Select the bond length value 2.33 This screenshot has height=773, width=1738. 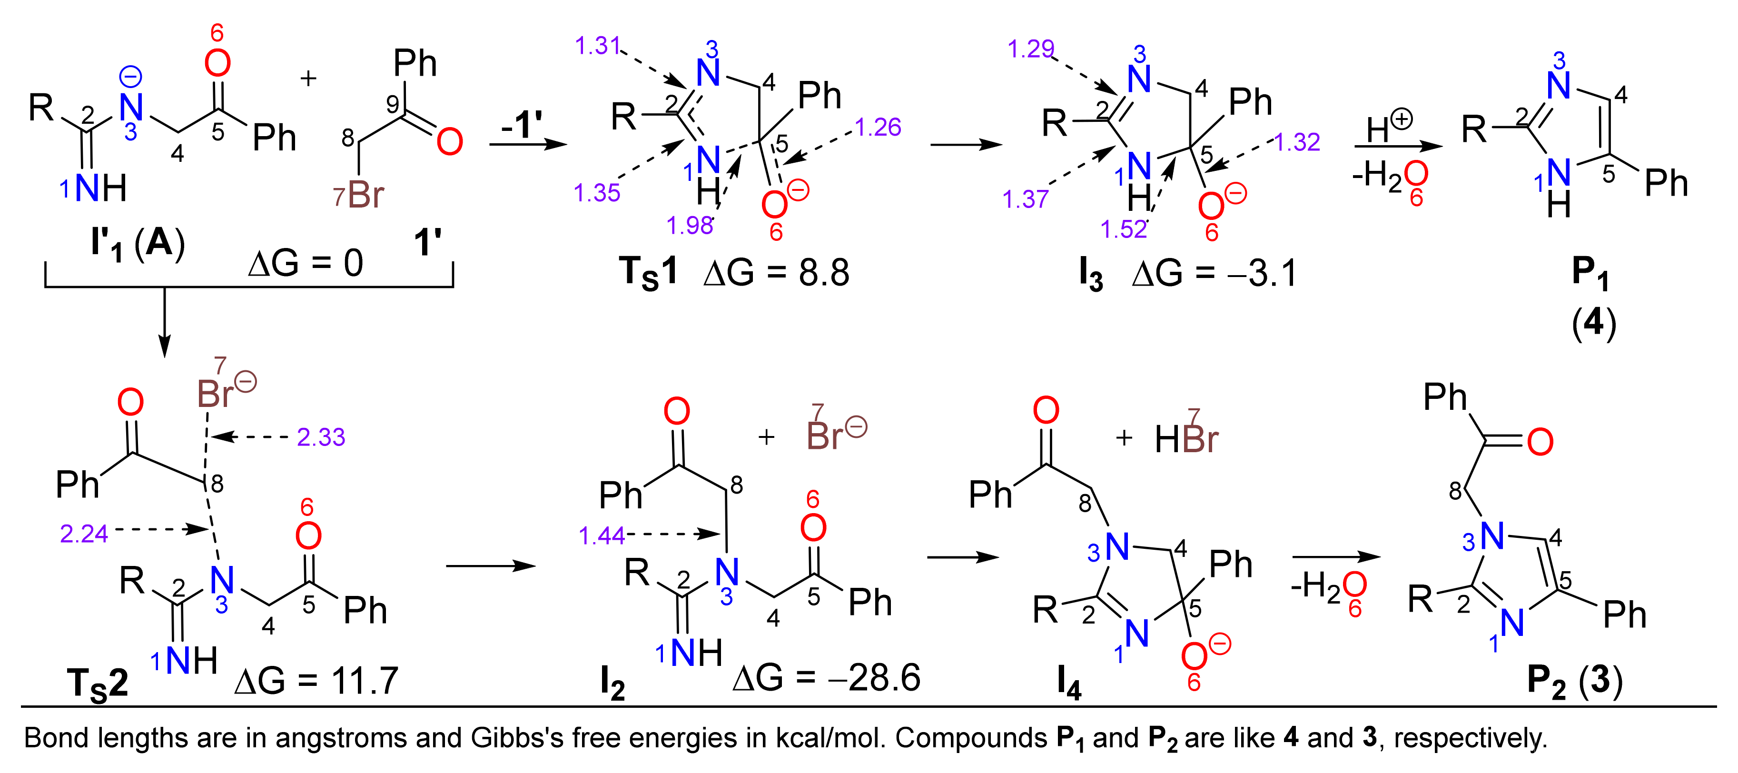(321, 437)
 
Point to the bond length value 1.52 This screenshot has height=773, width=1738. (1123, 229)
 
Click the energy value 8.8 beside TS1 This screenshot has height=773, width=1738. (824, 273)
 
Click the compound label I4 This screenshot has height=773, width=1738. (1069, 683)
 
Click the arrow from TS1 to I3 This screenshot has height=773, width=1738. (966, 144)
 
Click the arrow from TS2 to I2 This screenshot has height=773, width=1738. (491, 565)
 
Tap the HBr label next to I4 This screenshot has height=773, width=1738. (1186, 439)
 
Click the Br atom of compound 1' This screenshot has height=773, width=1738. (365, 195)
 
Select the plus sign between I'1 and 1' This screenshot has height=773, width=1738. (308, 79)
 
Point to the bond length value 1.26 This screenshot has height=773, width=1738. (878, 127)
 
